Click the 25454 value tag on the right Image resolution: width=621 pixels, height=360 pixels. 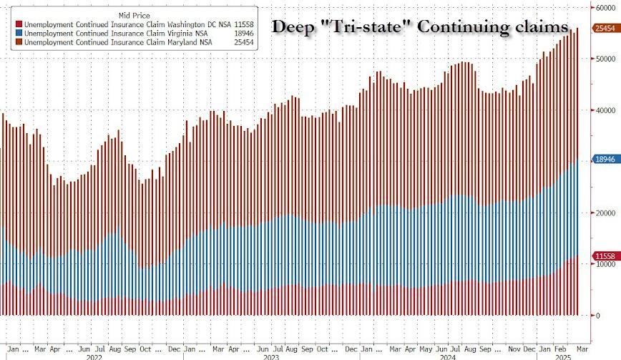(x=605, y=29)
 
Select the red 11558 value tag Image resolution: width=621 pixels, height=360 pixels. (x=605, y=256)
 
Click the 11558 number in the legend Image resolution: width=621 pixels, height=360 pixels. (x=245, y=24)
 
